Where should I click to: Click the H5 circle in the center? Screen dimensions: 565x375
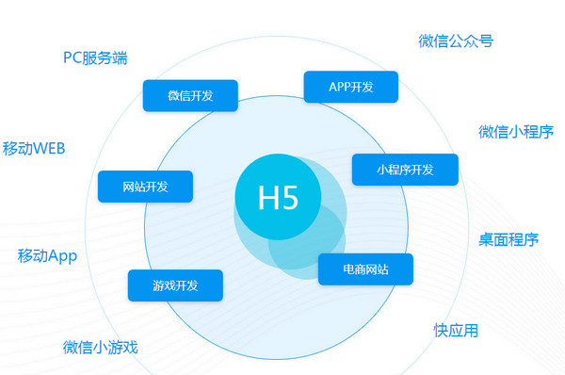pos(278,198)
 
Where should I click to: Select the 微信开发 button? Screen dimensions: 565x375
pos(190,95)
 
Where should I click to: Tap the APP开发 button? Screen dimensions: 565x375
pos(351,87)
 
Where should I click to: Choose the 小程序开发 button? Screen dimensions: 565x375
pos(405,170)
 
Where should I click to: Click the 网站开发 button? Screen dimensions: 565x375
pos(145,187)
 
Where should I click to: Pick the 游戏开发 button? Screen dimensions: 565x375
pos(175,285)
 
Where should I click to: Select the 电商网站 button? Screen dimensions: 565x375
pos(365,270)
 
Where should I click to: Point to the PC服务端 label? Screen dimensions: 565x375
pos(95,57)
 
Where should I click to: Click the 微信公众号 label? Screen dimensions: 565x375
pos(456,41)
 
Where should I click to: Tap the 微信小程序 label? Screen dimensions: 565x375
pos(515,131)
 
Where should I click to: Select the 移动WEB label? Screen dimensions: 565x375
pos(33,149)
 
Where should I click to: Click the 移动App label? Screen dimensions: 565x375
pos(47,255)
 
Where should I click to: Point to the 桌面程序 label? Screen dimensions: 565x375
pos(508,239)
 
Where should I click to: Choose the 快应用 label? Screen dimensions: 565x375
pos(456,330)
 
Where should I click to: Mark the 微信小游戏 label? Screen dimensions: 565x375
pos(101,347)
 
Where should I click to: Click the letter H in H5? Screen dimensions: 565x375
pos(267,198)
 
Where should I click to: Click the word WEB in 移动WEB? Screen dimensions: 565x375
pos(48,149)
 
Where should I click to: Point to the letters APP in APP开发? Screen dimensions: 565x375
pos(339,87)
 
